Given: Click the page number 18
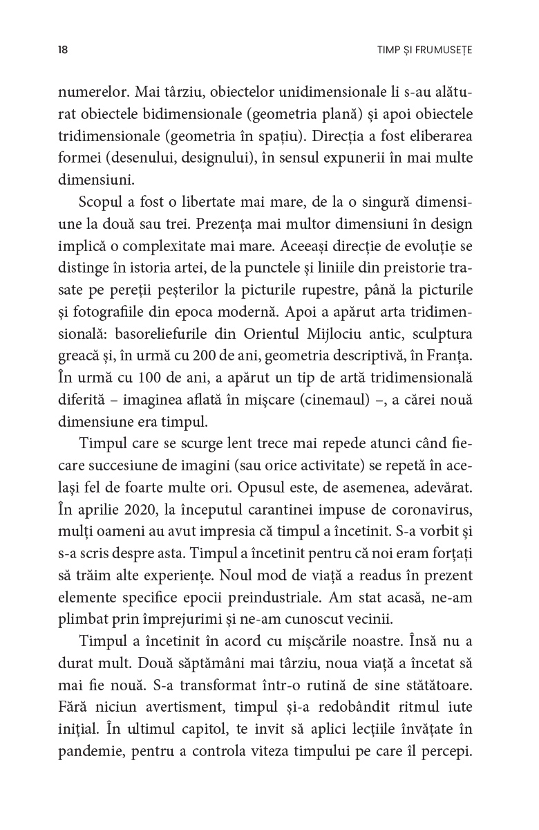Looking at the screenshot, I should [x=63, y=50].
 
